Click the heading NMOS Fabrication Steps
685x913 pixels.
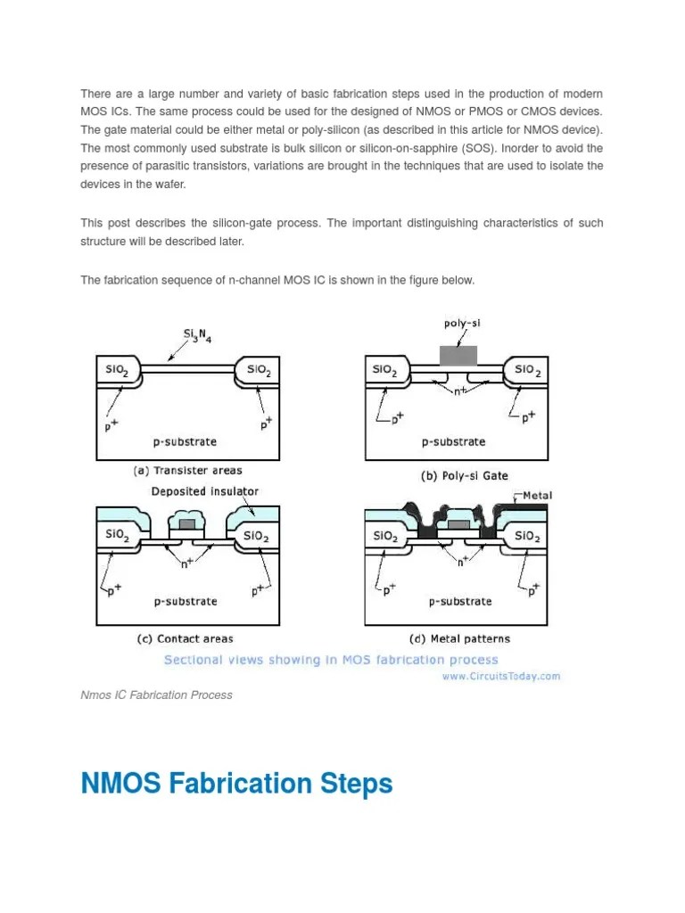(236, 785)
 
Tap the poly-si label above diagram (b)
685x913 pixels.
(461, 325)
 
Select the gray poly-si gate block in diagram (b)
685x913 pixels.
(458, 356)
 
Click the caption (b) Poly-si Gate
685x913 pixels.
(464, 476)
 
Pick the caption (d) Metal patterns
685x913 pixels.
(458, 638)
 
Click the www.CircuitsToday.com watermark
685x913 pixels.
(501, 676)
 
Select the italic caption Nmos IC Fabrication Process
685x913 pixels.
(156, 695)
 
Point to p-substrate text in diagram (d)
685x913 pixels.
(459, 601)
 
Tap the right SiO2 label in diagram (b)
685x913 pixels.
(526, 369)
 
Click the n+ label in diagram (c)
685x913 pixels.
(187, 563)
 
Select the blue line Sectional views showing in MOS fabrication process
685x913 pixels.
(330, 660)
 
